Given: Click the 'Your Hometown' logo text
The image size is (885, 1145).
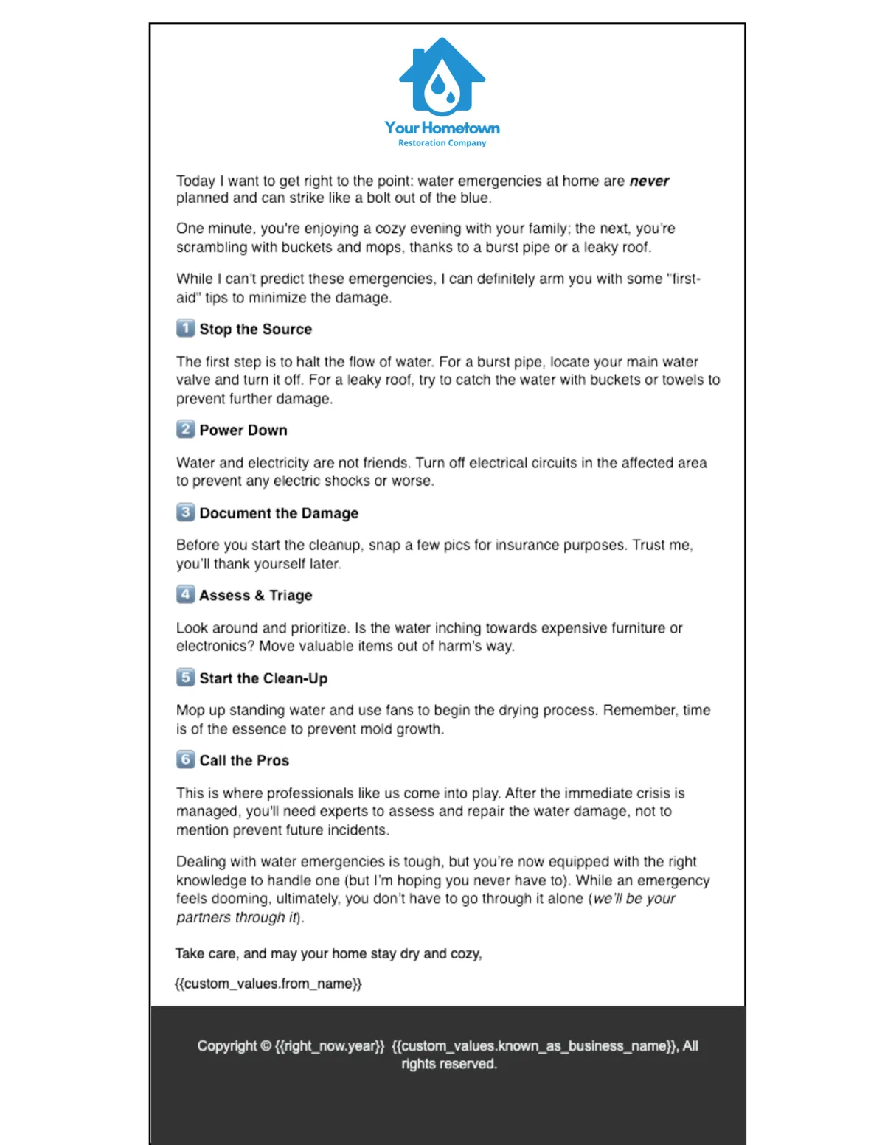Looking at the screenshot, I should click(442, 128).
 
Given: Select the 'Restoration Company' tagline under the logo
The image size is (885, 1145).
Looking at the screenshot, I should click(442, 143).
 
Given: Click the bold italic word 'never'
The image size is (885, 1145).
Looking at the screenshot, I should click(649, 181).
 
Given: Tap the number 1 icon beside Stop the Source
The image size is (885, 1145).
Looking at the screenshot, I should click(185, 328).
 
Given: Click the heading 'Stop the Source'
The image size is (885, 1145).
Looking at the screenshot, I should click(255, 330).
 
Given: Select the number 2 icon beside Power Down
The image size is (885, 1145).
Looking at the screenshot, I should click(185, 429).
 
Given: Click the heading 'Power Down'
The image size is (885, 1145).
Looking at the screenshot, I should click(243, 431).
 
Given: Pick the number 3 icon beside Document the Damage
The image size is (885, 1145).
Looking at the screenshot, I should click(185, 512).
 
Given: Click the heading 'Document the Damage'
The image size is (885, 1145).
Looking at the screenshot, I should click(279, 513).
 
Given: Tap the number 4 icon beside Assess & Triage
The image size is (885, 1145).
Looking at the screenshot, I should click(185, 594).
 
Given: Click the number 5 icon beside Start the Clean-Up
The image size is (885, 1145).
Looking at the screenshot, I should click(185, 677).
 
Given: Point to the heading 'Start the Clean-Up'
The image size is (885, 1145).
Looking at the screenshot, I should click(263, 678).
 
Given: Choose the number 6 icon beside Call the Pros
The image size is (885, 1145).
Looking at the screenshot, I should click(185, 759).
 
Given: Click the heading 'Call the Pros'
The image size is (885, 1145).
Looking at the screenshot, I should click(244, 761).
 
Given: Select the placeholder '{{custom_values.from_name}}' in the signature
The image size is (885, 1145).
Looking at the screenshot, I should click(268, 984).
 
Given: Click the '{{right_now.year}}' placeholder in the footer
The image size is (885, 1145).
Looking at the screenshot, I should click(330, 1046).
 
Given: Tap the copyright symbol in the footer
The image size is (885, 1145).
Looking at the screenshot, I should click(265, 1046).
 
